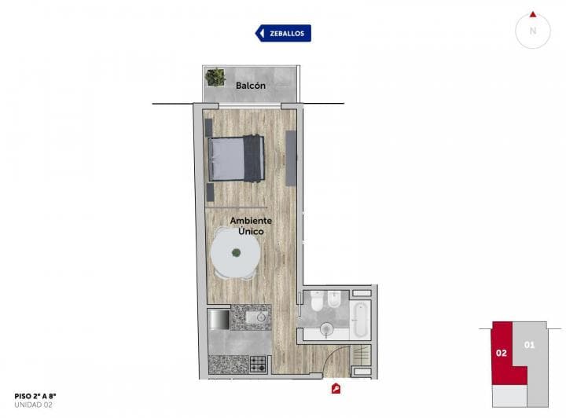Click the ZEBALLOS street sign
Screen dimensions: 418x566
tap(283, 33)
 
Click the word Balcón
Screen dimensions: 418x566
tap(251, 85)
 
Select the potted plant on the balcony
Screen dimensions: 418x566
tap(215, 77)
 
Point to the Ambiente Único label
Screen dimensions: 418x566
tap(252, 227)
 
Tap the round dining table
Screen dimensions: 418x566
tap(235, 255)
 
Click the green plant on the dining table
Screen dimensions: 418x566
tap(235, 253)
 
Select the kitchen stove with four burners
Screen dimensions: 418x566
tap(259, 364)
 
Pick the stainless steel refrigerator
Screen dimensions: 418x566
tap(219, 319)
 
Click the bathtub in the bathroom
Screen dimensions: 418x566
tap(359, 317)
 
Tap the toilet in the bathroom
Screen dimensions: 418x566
tap(314, 302)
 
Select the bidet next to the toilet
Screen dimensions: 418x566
tap(333, 302)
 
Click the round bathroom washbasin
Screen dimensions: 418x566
tap(327, 328)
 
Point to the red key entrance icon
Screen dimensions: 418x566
tap(336, 387)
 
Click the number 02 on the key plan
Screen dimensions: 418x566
tap(501, 353)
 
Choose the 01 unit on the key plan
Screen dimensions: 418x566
tap(529, 344)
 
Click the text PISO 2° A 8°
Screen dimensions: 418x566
tap(35, 396)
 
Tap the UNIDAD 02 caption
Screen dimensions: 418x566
tap(33, 405)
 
